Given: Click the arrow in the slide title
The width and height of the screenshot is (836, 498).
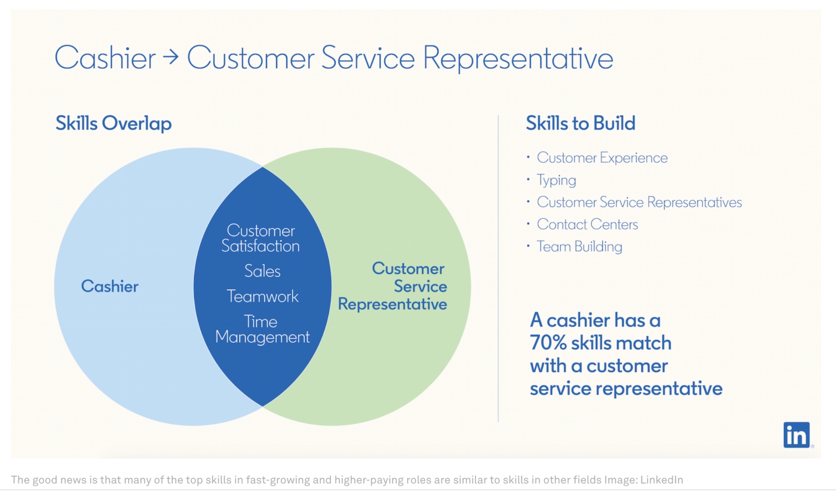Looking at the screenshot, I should click(171, 57).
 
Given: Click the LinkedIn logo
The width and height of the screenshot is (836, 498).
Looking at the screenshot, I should click(796, 435).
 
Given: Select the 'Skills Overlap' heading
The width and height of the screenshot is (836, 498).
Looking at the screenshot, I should click(114, 124).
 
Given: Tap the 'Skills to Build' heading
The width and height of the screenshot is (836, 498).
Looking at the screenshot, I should click(580, 124).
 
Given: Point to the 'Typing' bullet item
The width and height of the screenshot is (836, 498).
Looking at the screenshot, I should click(556, 180).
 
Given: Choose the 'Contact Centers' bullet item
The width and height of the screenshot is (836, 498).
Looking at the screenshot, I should click(587, 224).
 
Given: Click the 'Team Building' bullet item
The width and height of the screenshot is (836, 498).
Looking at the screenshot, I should click(579, 247).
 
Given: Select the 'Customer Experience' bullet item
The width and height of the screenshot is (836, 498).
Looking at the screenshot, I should click(602, 158).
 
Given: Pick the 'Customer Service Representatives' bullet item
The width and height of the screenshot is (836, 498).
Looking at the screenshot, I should click(639, 203).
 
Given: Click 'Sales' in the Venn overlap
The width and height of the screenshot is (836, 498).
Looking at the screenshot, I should click(262, 271).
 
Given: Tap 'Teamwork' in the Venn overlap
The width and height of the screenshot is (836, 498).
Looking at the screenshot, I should click(262, 297).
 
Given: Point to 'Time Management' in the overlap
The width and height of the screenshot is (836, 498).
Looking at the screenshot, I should click(262, 329).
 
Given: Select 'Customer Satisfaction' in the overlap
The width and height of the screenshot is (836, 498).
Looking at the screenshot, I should click(261, 238).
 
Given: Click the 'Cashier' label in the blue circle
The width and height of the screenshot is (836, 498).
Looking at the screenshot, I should click(110, 286).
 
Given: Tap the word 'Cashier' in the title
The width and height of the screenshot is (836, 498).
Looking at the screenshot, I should click(105, 58).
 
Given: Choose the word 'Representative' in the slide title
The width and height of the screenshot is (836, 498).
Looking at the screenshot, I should click(518, 58).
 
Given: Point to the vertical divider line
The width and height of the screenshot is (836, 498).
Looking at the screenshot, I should click(498, 269).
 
